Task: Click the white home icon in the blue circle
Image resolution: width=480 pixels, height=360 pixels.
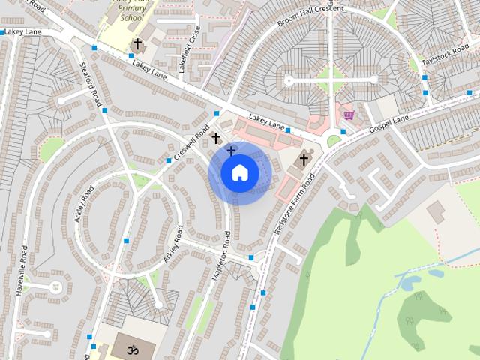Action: tap(239, 172)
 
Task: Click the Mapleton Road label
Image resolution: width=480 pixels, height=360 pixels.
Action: tap(220, 257)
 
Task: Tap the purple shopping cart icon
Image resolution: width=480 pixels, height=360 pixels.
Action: tap(348, 115)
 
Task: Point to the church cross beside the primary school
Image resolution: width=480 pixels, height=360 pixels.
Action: tap(137, 46)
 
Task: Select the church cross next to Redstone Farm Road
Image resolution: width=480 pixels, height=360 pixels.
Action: tap(304, 159)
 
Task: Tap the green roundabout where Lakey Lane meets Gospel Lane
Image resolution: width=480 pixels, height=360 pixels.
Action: tap(334, 140)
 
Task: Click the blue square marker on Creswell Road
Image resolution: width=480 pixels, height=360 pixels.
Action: tap(169, 160)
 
